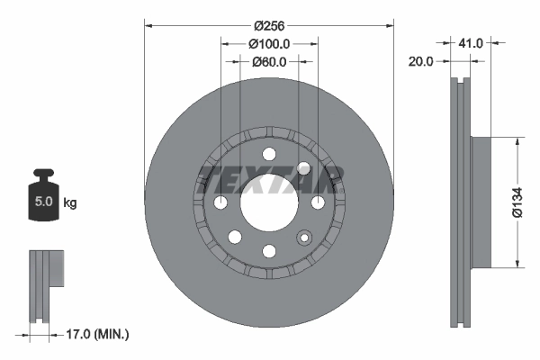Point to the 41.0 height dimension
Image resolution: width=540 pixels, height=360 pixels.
[472, 42]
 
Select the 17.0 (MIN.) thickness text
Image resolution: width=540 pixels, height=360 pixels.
[99, 334]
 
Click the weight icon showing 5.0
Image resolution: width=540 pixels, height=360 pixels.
[42, 200]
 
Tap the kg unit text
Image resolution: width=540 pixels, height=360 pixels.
[70, 203]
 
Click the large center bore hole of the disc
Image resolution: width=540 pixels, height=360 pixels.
[269, 202]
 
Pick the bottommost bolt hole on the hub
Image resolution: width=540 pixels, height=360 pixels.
[269, 251]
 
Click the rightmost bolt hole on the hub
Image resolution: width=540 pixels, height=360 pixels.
[317, 202]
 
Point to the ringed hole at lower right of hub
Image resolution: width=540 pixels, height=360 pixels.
[303, 237]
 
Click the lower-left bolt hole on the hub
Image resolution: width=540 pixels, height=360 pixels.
[235, 237]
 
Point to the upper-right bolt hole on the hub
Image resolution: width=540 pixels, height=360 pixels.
[303, 168]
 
